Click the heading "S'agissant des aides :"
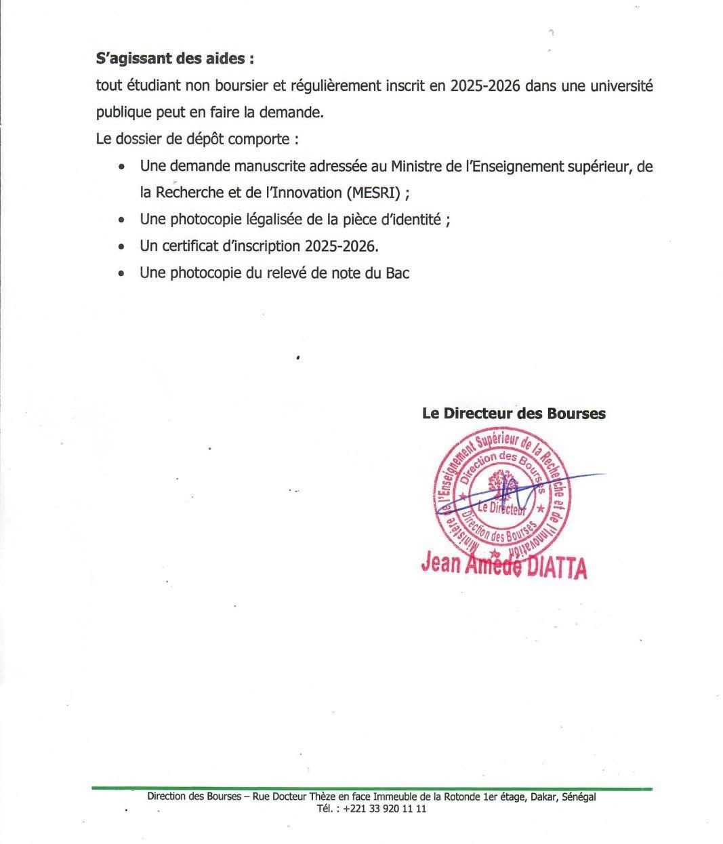[x=175, y=59]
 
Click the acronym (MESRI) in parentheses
[x=374, y=193]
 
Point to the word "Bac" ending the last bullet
[x=397, y=273]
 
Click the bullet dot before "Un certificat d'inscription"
[x=121, y=247]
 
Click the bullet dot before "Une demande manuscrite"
[x=121, y=167]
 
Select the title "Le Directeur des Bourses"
[x=514, y=413]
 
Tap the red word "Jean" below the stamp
[x=440, y=563]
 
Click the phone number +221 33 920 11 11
[x=385, y=809]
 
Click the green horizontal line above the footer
[x=372, y=788]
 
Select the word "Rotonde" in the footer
[x=460, y=797]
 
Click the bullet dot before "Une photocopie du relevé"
[x=121, y=274]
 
